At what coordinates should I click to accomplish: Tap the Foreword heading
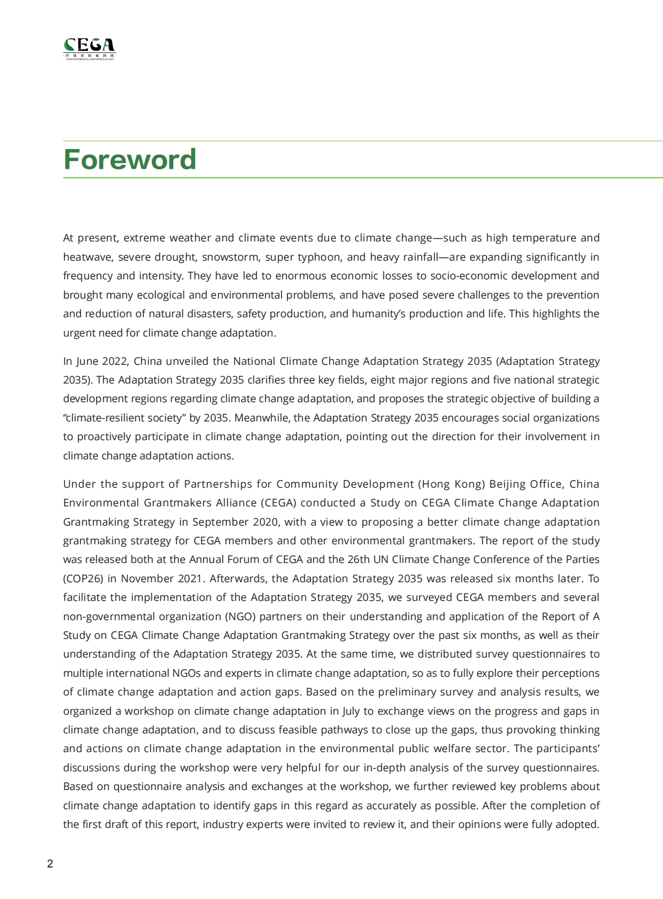tap(130, 159)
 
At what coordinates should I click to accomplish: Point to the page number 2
tap(50, 864)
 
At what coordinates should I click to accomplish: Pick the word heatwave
tap(88, 257)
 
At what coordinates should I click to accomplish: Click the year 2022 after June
tap(114, 361)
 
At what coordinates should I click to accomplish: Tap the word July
tap(351, 711)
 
